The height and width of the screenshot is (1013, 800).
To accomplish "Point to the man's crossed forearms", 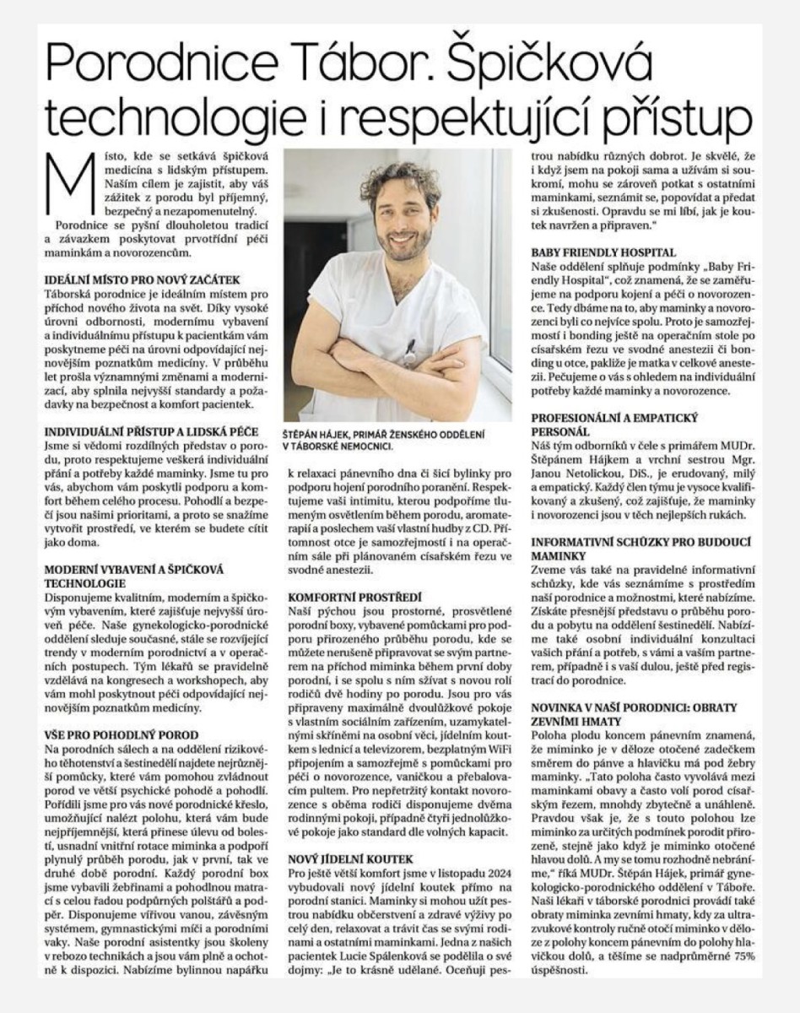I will [405, 371].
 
